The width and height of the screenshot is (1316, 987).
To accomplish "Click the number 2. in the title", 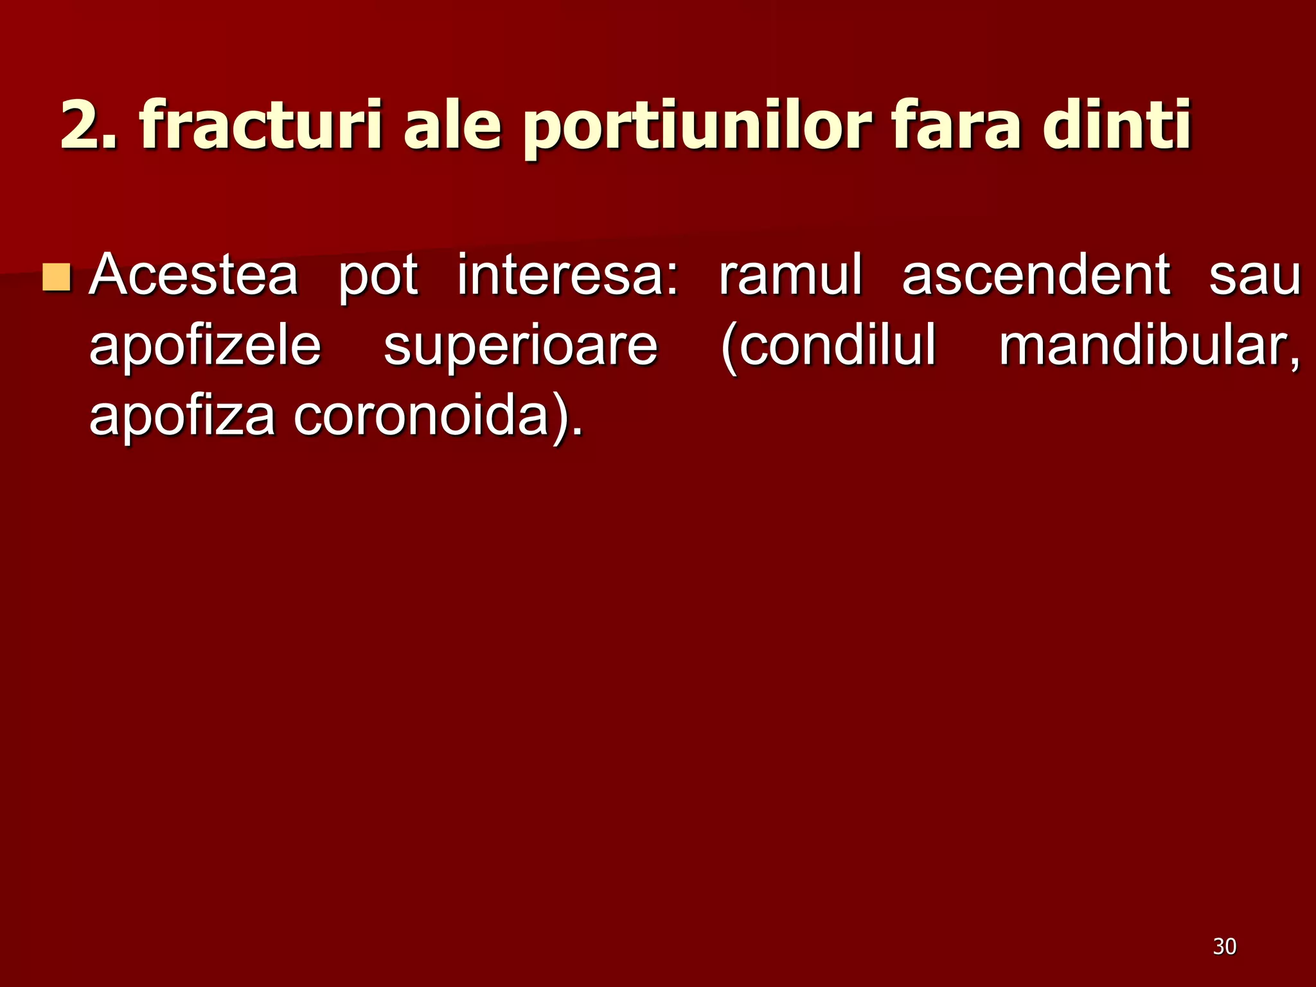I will (x=89, y=125).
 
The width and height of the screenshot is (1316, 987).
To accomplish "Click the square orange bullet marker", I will (x=56, y=276).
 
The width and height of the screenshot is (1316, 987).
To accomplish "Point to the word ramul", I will (x=790, y=275).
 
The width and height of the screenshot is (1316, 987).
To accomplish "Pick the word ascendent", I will (x=1036, y=275).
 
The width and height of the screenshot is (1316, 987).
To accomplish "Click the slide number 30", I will (x=1225, y=947).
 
